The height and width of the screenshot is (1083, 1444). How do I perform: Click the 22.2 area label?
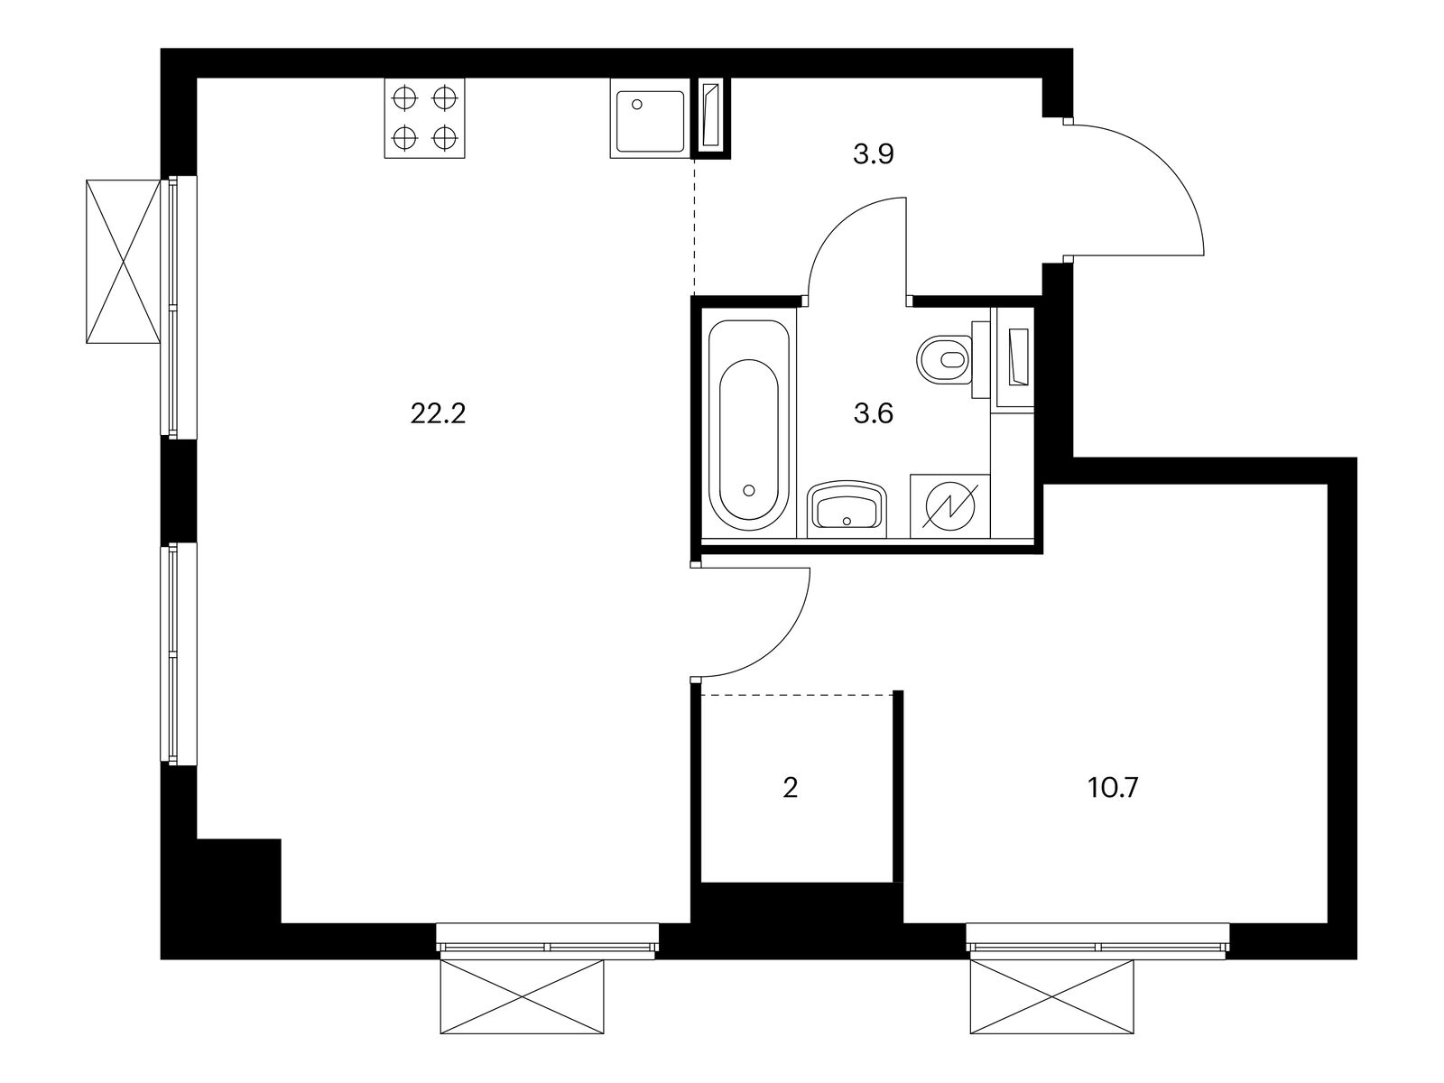pos(438,414)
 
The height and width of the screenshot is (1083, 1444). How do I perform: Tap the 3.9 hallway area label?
pos(873,154)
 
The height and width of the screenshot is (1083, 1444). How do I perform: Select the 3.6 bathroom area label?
pos(873,414)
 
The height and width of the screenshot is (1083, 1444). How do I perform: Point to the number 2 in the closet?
pos(790,787)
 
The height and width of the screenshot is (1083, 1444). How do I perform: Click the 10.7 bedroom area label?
pos(1113,787)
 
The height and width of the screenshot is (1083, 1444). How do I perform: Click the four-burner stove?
pos(424,118)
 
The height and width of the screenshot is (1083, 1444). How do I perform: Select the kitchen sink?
pos(649,118)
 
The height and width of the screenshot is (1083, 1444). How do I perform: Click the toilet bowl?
pos(944,360)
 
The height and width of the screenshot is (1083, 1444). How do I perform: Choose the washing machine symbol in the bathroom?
pos(950,506)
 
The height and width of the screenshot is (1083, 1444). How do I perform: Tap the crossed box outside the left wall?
pos(123,262)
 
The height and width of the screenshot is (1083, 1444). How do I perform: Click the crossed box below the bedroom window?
pos(1052,997)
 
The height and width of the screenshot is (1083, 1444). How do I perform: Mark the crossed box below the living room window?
pos(522,997)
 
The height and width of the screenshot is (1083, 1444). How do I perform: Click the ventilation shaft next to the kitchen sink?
pos(711,118)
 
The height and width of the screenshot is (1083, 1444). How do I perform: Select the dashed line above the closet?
pos(797,694)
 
